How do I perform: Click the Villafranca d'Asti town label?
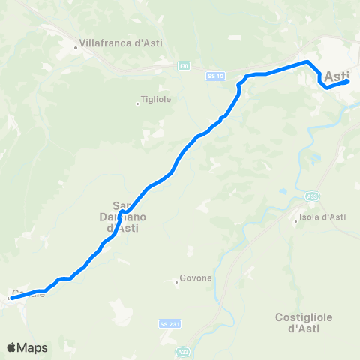coord(121,43)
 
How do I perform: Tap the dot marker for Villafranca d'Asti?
coord(76,49)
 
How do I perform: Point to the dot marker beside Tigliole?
coord(137,103)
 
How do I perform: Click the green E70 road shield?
coord(184,66)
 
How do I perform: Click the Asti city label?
coord(338,76)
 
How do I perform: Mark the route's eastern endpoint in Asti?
coord(347,82)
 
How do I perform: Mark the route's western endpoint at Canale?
coord(11,298)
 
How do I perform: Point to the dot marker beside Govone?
coord(176,282)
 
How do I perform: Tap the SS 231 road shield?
coord(168,324)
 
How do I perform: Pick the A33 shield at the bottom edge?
coord(184,350)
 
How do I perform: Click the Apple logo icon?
coord(12,347)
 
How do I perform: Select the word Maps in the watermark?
coord(33,347)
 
